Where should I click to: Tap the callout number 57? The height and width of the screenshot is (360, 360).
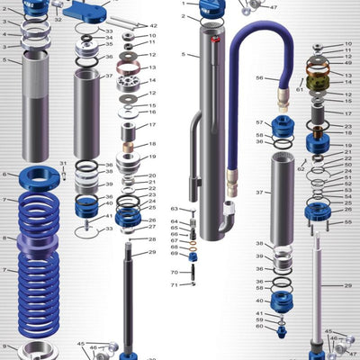point(259,122)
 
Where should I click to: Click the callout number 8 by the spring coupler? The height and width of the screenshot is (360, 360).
point(4,238)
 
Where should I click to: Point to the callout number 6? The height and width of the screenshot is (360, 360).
point(4,174)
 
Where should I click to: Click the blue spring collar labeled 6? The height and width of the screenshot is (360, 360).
point(38,175)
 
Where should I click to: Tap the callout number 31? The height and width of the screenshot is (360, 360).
point(63,162)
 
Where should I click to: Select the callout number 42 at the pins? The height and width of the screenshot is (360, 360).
point(153,26)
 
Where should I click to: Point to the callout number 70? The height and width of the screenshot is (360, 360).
point(175,272)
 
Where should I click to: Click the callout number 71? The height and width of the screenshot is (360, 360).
point(175,285)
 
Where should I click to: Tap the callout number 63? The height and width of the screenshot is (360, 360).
point(175,209)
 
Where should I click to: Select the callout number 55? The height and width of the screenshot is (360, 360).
point(348,221)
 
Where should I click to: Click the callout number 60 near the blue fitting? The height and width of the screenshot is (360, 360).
point(259,327)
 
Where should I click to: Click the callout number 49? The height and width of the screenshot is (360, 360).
point(348,62)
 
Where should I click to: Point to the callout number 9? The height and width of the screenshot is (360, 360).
point(4,346)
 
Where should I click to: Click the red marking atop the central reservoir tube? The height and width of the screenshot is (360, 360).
point(214,40)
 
